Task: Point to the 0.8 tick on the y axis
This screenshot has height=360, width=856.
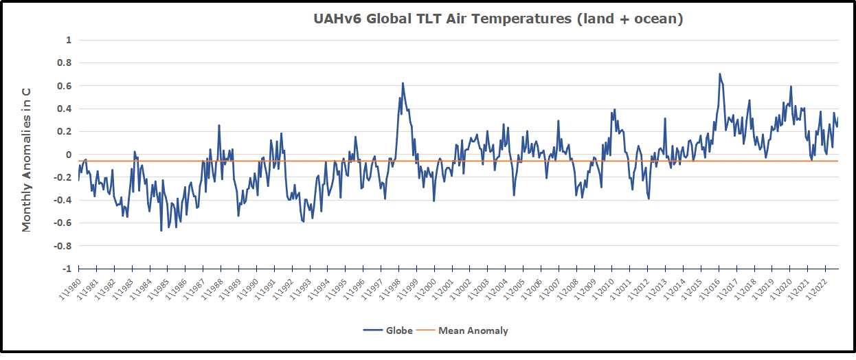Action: pos(65,63)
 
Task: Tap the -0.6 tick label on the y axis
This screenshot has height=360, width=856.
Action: pos(63,223)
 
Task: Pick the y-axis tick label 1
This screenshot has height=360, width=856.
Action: pos(69,40)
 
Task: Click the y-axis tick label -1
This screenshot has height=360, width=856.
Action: pos(67,269)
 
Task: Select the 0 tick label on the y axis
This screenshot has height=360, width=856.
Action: pos(69,155)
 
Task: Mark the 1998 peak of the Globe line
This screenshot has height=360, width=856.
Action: pos(403,83)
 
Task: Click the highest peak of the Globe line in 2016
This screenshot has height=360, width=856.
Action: pos(719,74)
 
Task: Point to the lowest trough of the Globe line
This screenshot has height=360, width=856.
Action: pos(161,230)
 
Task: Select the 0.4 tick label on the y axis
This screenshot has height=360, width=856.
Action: pos(65,109)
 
